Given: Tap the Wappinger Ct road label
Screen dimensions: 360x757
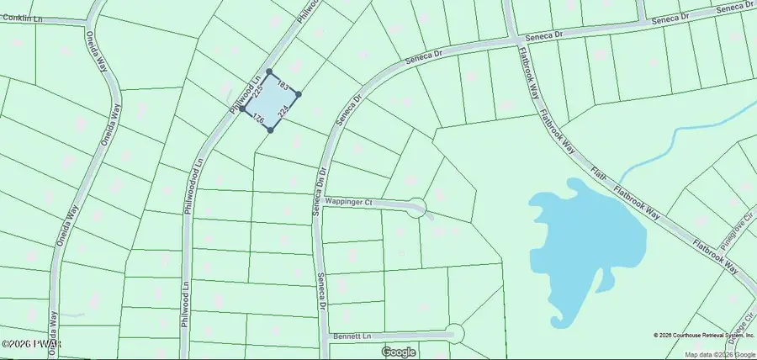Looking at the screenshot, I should [356, 202].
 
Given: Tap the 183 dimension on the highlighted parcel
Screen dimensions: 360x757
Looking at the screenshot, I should [283, 87].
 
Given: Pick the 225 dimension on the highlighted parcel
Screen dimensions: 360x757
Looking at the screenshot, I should [258, 90].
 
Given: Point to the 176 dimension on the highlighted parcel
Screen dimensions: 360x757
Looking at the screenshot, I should [258, 120].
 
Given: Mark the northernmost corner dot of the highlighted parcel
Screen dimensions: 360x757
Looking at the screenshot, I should [269, 71].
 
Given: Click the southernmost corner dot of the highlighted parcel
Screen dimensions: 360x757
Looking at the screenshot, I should [271, 130].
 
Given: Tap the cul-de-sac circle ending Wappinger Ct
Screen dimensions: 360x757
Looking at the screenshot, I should [416, 209].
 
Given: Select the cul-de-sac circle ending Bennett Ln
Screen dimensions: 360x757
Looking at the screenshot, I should [454, 334].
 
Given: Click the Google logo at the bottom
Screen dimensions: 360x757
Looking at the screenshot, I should [399, 352].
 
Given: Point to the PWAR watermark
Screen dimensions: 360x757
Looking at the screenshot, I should [25, 345].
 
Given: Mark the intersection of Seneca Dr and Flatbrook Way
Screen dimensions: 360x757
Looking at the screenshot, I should [513, 37].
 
